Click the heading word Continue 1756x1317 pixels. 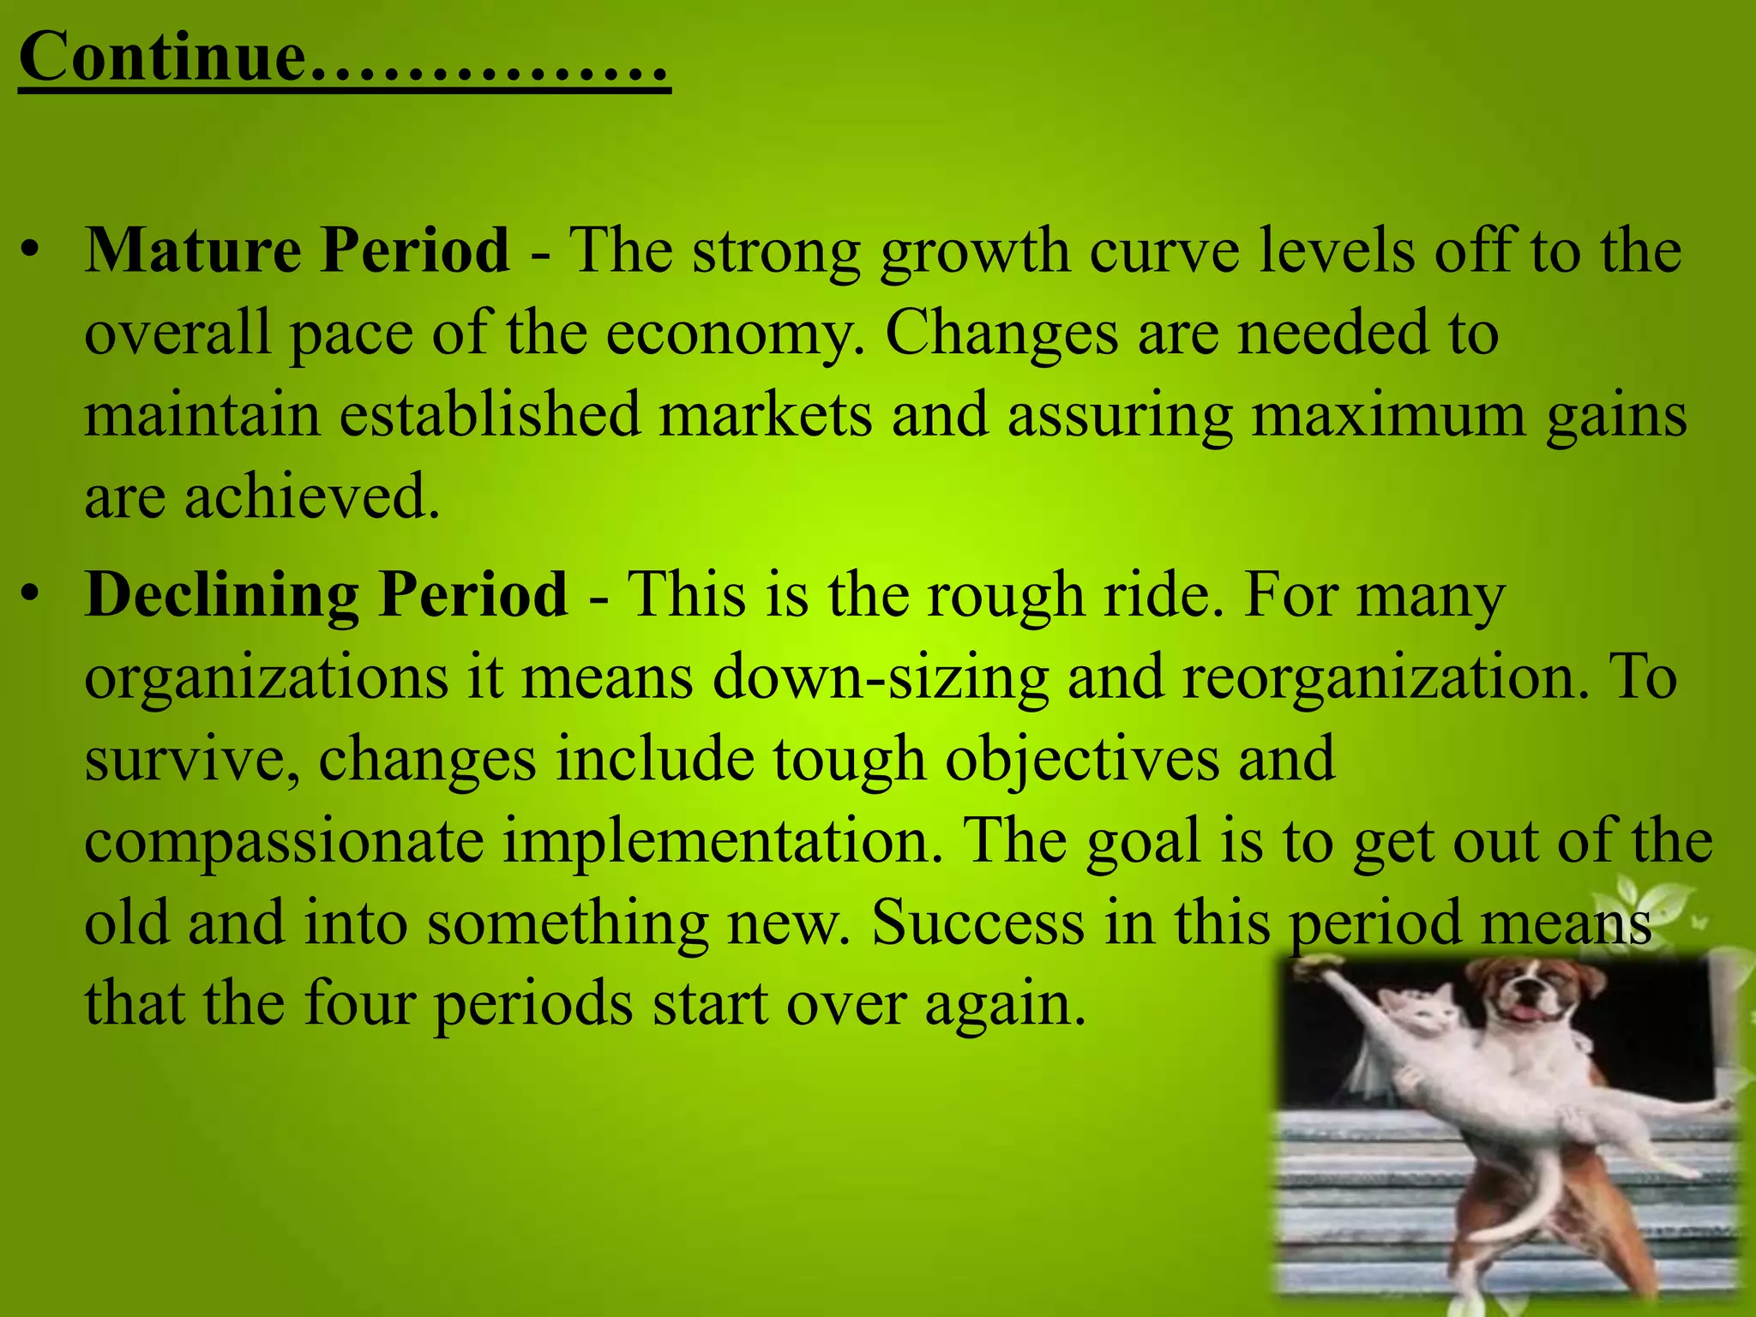pyautogui.click(x=163, y=57)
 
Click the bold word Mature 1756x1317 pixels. pyautogui.click(x=192, y=250)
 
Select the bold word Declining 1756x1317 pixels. pyautogui.click(x=221, y=593)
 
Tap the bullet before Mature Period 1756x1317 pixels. pyautogui.click(x=32, y=251)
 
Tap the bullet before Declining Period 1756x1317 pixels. pyautogui.click(x=32, y=594)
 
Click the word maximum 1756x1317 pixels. pyautogui.click(x=1388, y=415)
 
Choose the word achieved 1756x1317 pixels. pyautogui.click(x=312, y=496)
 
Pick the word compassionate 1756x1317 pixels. pyautogui.click(x=284, y=841)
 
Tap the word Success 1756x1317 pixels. pyautogui.click(x=978, y=923)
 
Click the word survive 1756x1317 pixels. pyautogui.click(x=192, y=760)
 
